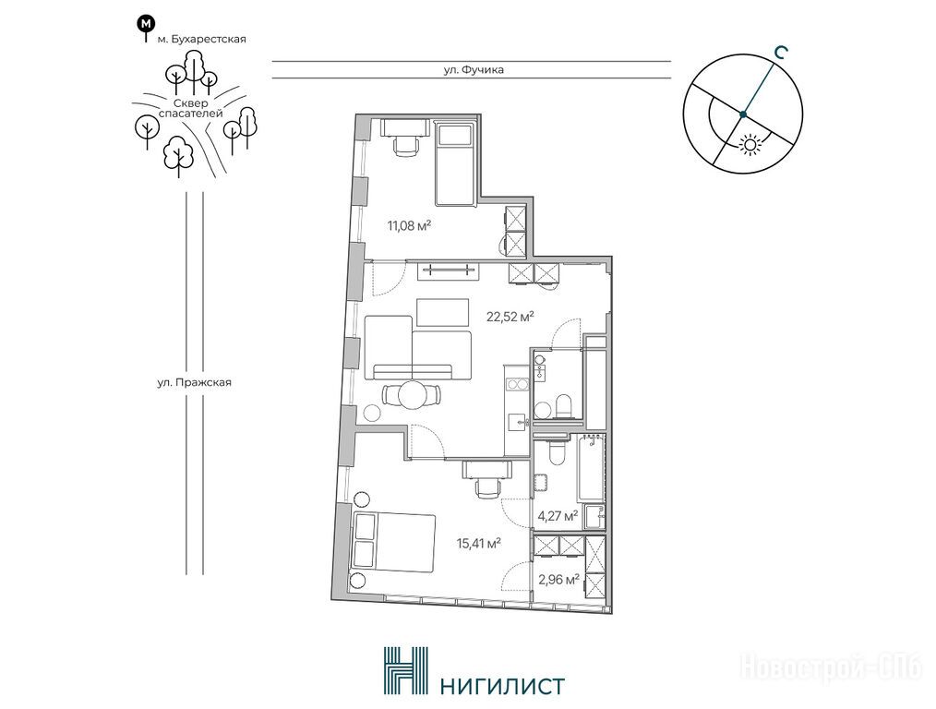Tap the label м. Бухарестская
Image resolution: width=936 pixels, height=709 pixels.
pyautogui.click(x=201, y=40)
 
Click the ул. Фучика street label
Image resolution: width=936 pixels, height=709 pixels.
pyautogui.click(x=474, y=70)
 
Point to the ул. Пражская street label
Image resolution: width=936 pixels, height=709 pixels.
pyautogui.click(x=194, y=382)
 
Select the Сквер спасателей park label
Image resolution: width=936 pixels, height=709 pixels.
pyautogui.click(x=191, y=108)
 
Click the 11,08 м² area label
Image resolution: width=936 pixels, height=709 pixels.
pyautogui.click(x=409, y=225)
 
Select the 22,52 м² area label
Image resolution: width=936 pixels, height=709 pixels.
pyautogui.click(x=510, y=317)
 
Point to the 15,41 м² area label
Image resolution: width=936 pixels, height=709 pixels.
pyautogui.click(x=477, y=544)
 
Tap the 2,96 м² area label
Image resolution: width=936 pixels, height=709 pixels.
pyautogui.click(x=558, y=578)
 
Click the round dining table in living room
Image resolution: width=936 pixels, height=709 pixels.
pyautogui.click(x=412, y=394)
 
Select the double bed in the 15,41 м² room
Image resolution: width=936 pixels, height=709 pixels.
pyautogui.click(x=393, y=542)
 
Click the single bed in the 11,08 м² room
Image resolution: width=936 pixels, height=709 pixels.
pyautogui.click(x=455, y=163)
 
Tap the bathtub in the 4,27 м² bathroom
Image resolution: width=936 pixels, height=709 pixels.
pyautogui.click(x=591, y=469)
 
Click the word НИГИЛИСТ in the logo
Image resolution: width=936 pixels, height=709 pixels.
pyautogui.click(x=501, y=685)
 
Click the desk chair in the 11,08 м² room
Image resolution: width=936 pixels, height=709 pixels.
pyautogui.click(x=406, y=145)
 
